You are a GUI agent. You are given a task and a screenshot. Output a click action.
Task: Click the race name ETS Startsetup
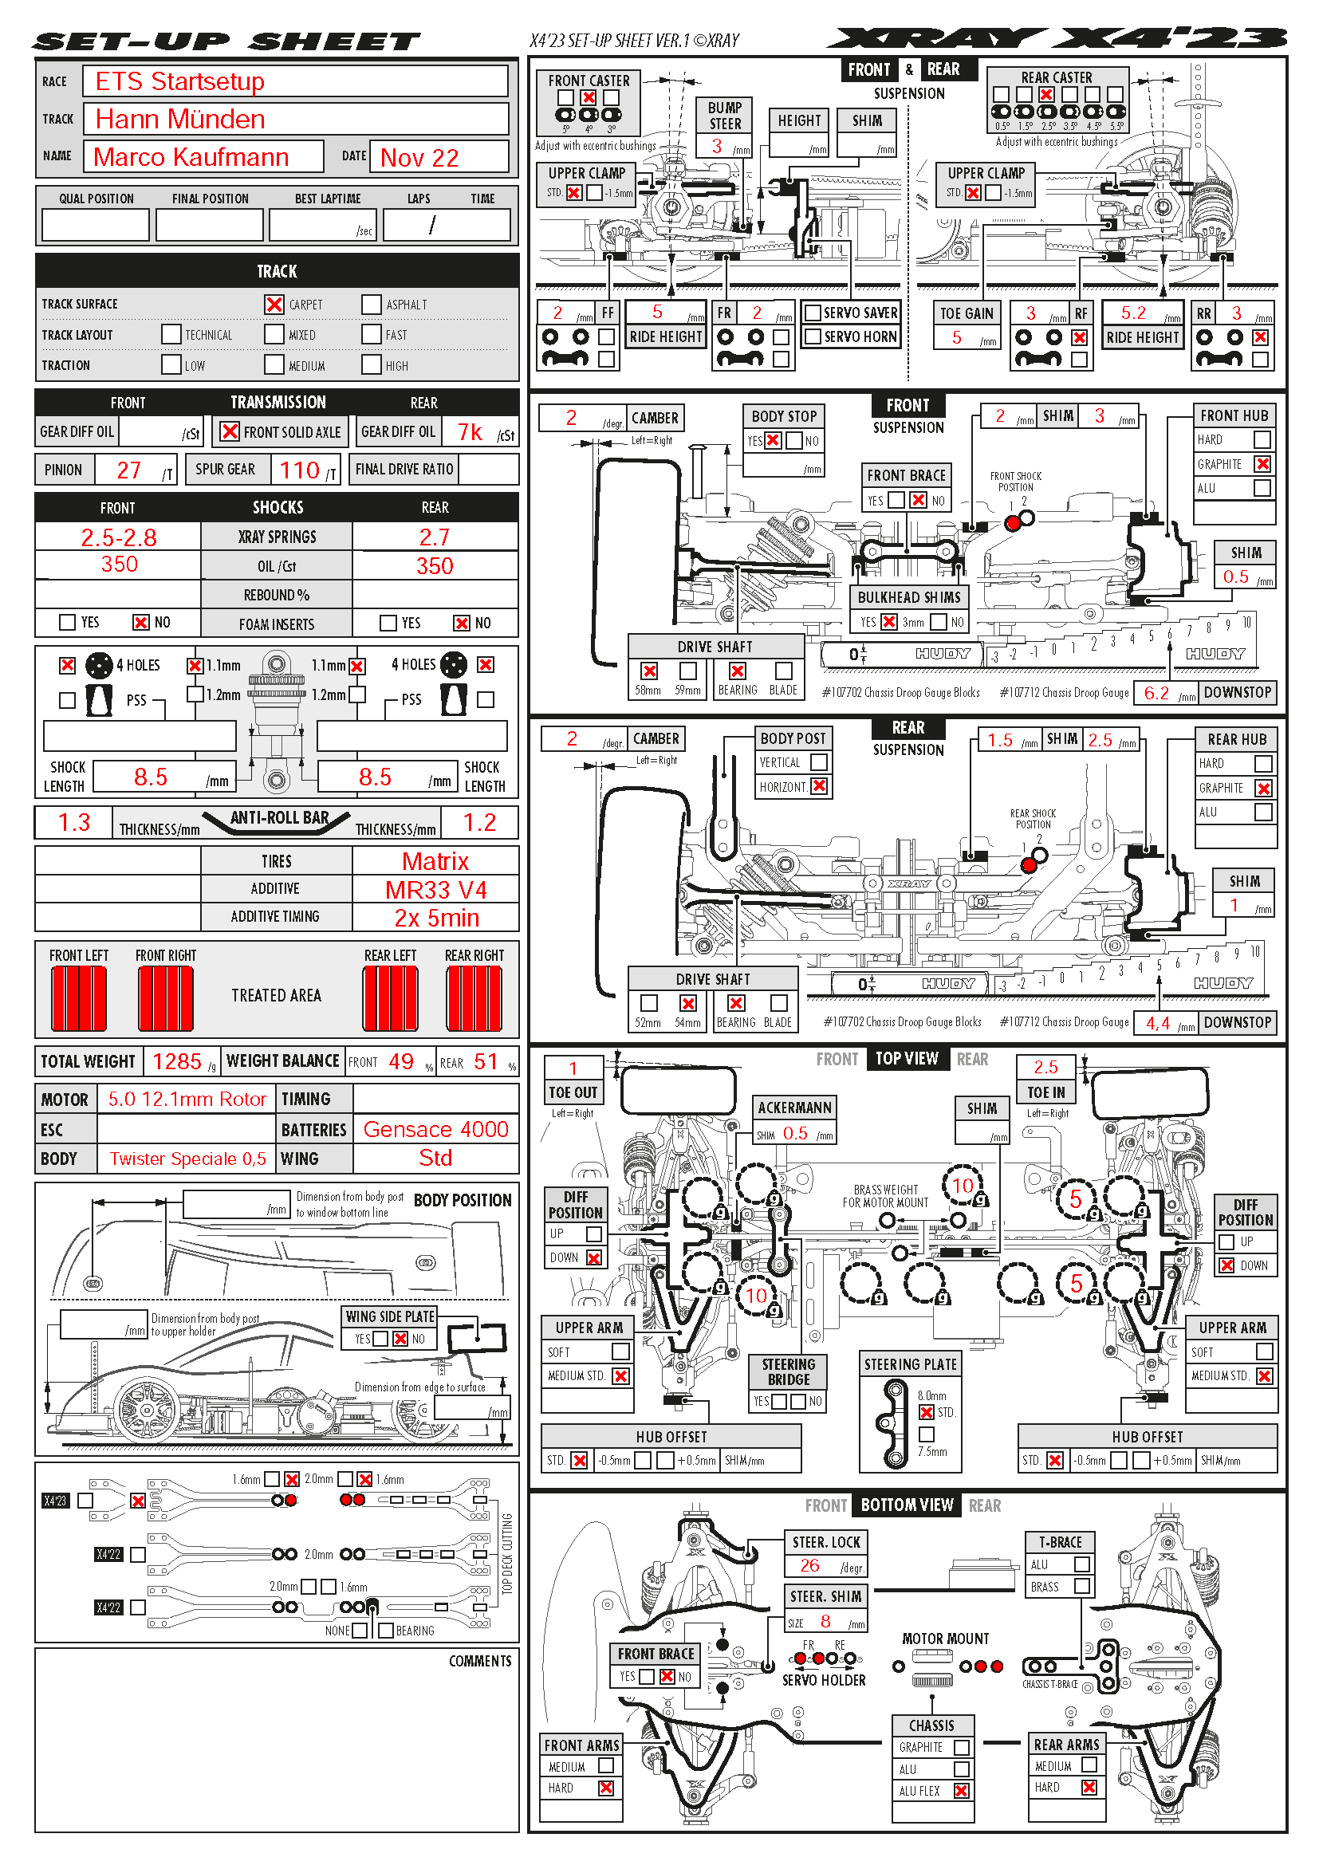[179, 81]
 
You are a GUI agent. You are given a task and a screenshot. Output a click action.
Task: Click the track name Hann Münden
[179, 120]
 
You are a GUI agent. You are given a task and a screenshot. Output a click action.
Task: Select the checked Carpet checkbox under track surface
[274, 304]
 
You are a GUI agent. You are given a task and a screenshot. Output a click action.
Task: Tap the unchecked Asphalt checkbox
[371, 304]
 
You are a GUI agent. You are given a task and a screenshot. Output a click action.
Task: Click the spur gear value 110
[299, 470]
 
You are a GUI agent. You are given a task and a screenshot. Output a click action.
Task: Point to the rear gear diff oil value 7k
[470, 432]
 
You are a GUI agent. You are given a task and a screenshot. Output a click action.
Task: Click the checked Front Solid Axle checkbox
[230, 431]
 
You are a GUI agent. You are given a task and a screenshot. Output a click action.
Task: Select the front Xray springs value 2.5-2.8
[119, 537]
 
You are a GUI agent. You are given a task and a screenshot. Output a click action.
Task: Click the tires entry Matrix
[435, 861]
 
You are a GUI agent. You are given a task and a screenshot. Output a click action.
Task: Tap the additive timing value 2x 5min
[436, 918]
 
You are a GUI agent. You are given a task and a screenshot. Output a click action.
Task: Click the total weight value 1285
[176, 1061]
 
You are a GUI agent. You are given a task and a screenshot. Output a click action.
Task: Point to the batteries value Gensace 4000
[435, 1129]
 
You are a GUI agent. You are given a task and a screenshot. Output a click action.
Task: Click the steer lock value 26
[809, 1565]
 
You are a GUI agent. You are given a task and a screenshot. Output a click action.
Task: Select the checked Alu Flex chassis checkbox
[962, 1790]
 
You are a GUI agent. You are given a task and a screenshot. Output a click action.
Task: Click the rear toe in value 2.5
[1045, 1067]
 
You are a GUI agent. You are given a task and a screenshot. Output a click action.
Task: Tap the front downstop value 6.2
[1156, 693]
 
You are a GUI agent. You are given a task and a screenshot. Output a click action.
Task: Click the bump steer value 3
[717, 145]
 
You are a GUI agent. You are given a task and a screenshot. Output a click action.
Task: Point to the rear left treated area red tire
[391, 998]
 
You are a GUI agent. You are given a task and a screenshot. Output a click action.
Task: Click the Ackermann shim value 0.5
[795, 1134]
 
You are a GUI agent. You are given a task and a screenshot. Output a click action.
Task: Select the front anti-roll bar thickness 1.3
[74, 822]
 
